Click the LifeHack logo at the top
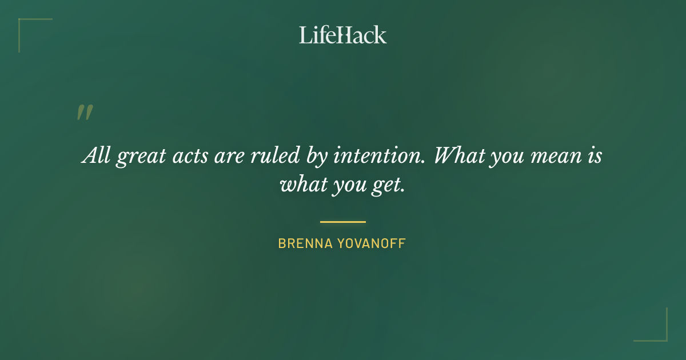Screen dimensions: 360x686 click(x=343, y=35)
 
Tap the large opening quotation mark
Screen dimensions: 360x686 click(x=85, y=113)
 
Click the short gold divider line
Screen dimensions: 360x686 click(x=343, y=222)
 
